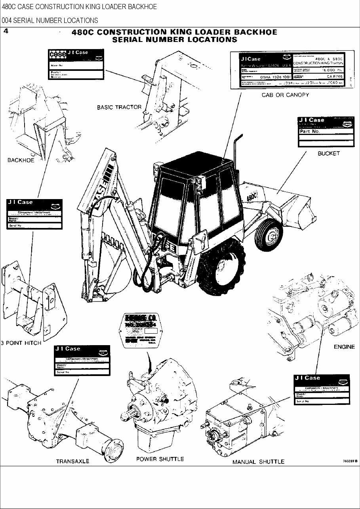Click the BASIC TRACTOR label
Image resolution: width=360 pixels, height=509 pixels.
119,107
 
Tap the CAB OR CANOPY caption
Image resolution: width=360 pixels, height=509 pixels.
285,95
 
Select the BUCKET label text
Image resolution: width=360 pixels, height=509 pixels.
328,154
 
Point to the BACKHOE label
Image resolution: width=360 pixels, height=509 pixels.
21,160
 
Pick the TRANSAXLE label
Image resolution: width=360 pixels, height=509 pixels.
72,461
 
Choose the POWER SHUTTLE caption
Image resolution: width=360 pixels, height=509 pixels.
160,459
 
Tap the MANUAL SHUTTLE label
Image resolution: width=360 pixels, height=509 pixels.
258,462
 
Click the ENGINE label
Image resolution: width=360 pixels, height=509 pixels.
344,347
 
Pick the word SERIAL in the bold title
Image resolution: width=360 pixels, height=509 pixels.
132,40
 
